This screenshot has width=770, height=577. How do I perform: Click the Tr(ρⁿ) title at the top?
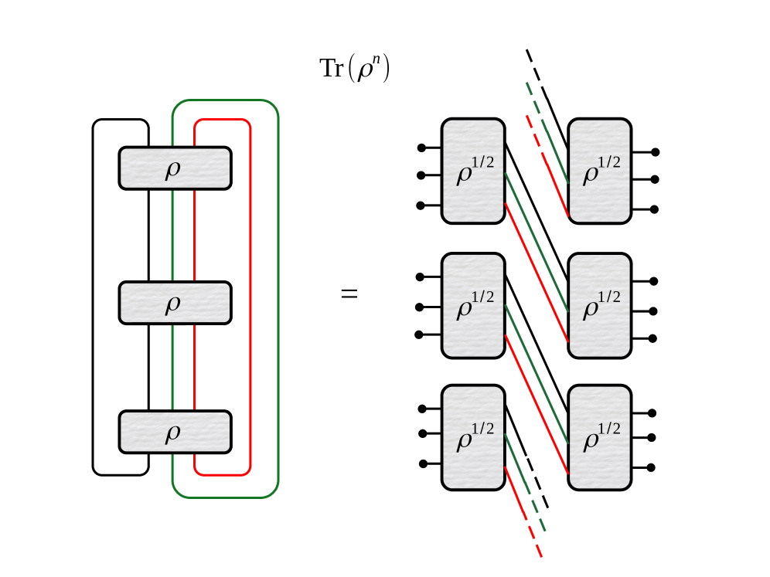(354, 69)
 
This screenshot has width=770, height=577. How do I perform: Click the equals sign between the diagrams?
(349, 294)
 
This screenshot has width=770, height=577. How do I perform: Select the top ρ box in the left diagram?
(175, 168)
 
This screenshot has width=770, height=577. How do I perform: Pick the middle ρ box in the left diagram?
(175, 303)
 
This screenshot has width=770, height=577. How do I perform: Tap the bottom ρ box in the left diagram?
(175, 432)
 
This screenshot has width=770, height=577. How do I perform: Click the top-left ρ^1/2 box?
(473, 171)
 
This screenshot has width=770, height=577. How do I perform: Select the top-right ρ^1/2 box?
(600, 171)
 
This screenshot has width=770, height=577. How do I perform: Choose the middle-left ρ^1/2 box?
(473, 306)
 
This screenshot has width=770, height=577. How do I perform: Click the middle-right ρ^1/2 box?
(600, 306)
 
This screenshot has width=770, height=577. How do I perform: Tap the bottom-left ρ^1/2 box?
(473, 437)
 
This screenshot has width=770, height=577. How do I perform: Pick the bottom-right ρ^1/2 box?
(600, 437)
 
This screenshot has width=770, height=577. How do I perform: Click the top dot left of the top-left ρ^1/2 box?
(421, 148)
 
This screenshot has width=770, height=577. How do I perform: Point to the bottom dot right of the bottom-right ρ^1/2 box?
(652, 467)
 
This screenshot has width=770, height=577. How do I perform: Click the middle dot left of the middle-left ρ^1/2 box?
(420, 307)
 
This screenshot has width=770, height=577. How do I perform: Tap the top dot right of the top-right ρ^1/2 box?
(656, 152)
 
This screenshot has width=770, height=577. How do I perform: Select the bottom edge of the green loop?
(225, 497)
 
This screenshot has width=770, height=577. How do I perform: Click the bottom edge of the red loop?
(222, 474)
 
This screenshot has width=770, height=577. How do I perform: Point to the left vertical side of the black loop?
(93, 297)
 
